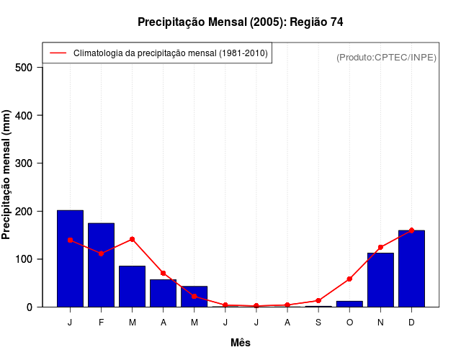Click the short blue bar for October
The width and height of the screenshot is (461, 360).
click(349, 304)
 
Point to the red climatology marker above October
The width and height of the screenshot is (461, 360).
click(349, 279)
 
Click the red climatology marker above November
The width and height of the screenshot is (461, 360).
click(380, 247)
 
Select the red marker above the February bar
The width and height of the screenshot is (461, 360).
click(101, 253)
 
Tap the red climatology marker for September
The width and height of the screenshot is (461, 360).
click(318, 300)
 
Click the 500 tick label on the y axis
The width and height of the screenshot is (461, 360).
click(24, 68)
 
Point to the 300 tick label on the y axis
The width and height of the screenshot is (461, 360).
click(24, 163)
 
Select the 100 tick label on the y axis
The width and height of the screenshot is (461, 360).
click(24, 259)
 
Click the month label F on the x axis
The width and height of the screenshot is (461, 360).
click(101, 323)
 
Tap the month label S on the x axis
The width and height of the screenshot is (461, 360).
click(318, 323)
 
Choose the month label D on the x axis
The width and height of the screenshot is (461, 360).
click(411, 323)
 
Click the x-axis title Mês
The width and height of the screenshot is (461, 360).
click(241, 343)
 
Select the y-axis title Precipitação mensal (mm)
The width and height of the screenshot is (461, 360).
click(7, 175)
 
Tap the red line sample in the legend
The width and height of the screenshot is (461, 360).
click(58, 53)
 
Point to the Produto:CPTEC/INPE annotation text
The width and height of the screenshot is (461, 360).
click(387, 57)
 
